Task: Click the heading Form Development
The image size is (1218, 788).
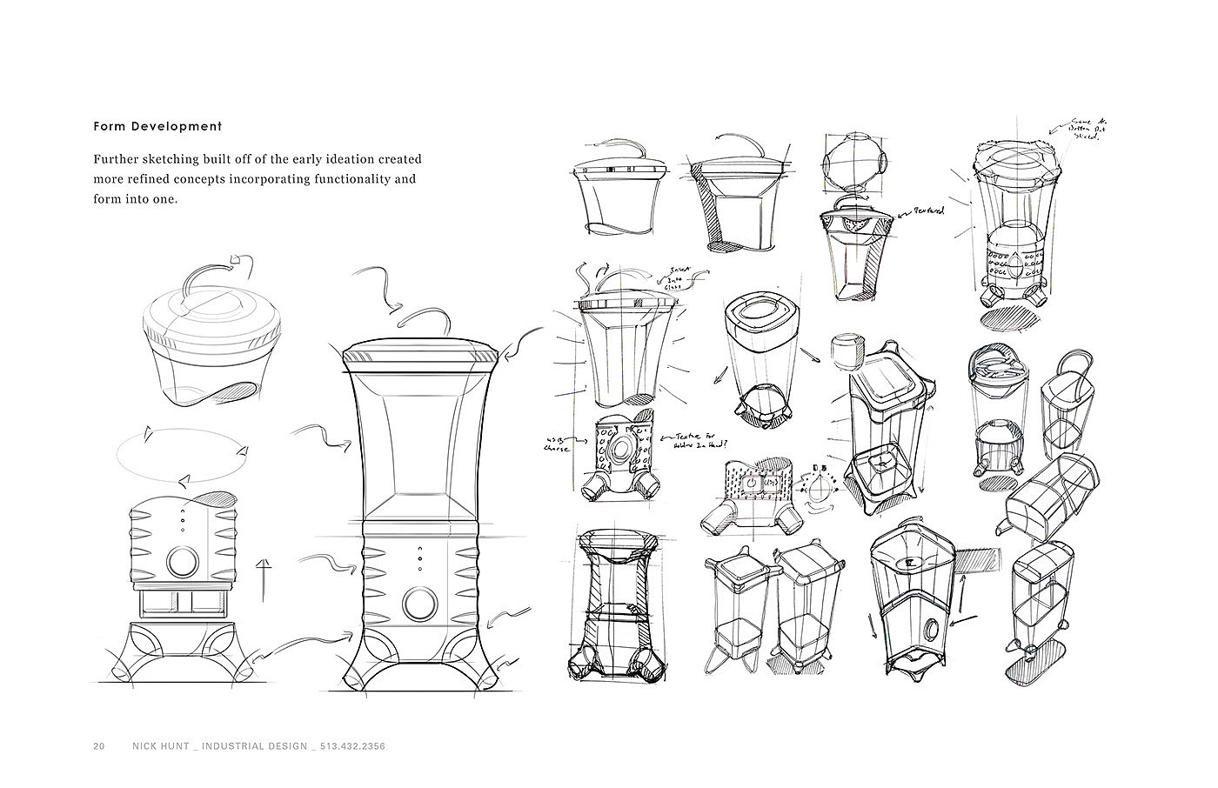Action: [157, 126]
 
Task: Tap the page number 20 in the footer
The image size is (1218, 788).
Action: [99, 746]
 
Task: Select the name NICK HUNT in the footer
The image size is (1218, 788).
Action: [161, 746]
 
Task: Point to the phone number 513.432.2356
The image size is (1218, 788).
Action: [352, 746]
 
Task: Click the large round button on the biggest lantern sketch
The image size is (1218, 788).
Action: [420, 603]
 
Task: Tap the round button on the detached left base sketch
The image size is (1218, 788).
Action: [182, 562]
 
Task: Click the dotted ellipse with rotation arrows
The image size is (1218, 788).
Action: [182, 455]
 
